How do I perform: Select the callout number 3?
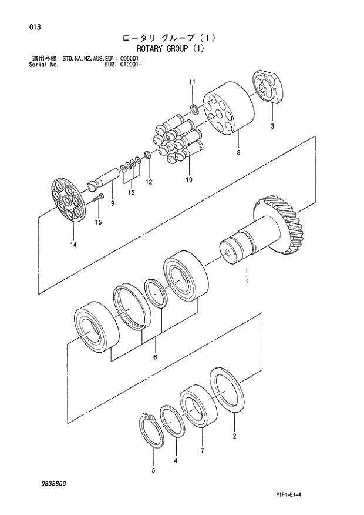[272, 126]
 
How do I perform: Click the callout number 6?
[155, 357]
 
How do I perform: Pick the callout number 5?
[154, 470]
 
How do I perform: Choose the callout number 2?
[234, 436]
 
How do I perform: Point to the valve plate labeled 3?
[268, 89]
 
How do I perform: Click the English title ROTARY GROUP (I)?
[170, 49]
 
